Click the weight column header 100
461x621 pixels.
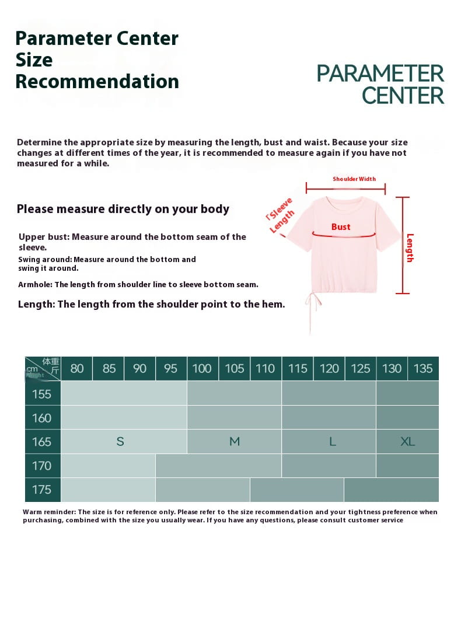pyautogui.click(x=202, y=368)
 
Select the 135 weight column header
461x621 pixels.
pyautogui.click(x=423, y=368)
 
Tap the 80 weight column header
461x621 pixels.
pyautogui.click(x=77, y=368)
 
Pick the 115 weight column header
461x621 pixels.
pyautogui.click(x=298, y=368)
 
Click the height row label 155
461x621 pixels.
pyautogui.click(x=42, y=394)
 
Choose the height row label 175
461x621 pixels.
pyautogui.click(x=42, y=490)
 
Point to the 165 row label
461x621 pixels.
pyautogui.click(x=42, y=442)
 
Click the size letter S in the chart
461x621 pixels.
pyautogui.click(x=120, y=442)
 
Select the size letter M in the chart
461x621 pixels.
pyautogui.click(x=235, y=442)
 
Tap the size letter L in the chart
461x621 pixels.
pyautogui.click(x=333, y=442)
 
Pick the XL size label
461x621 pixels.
pyautogui.click(x=408, y=442)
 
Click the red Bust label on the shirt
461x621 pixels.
pyautogui.click(x=341, y=226)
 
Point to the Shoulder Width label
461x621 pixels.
pyautogui.click(x=354, y=179)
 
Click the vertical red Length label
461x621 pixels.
pyautogui.click(x=410, y=247)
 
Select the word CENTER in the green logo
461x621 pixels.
pyautogui.click(x=403, y=95)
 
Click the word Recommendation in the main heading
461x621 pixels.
pyautogui.click(x=97, y=81)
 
